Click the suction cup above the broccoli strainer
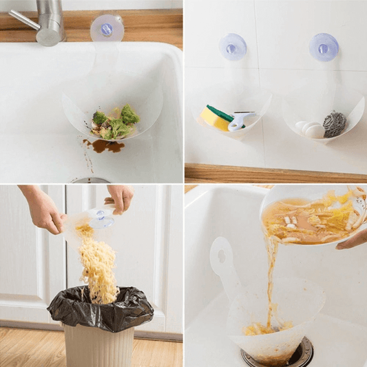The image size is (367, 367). coord(107,29)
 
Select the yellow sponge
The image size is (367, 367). coord(215,118)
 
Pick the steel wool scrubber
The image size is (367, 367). coord(335,124)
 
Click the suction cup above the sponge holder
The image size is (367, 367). coord(233,47)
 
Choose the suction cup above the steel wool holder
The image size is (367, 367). coord(323,47)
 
